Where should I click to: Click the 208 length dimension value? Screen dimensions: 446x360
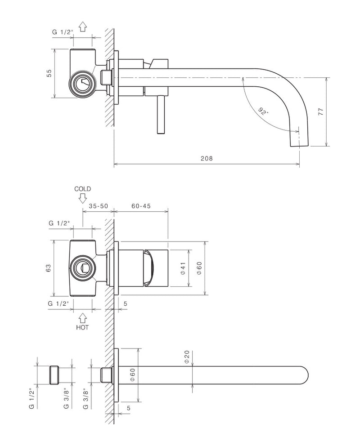pyautogui.click(x=207, y=158)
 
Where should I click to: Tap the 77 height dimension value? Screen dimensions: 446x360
pyautogui.click(x=321, y=111)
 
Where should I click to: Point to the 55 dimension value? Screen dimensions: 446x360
pyautogui.click(x=49, y=73)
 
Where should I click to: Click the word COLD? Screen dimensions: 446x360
pyautogui.click(x=82, y=189)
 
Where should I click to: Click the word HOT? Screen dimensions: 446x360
pyautogui.click(x=82, y=327)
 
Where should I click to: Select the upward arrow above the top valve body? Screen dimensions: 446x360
pyautogui.click(x=82, y=27)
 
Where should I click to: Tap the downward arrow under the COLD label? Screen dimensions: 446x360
pyautogui.click(x=82, y=198)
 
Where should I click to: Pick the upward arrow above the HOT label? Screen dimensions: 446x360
pyautogui.click(x=82, y=318)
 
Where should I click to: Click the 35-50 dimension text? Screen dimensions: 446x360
pyautogui.click(x=98, y=206)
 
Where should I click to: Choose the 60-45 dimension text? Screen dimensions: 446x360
pyautogui.click(x=141, y=206)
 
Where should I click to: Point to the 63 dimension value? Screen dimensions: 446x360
pyautogui.click(x=49, y=268)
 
